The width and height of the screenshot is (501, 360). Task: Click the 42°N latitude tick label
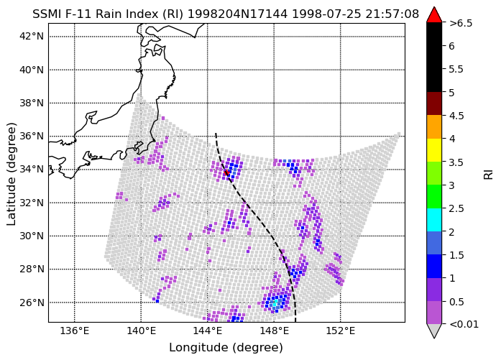tap(32, 36)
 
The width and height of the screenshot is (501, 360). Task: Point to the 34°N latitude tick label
tap(32, 170)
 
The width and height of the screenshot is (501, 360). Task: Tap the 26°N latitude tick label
tap(32, 303)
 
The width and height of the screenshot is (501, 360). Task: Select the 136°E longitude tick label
tap(75, 331)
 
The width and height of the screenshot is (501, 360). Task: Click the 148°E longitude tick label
tap(274, 331)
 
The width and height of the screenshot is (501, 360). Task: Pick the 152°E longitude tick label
tap(340, 331)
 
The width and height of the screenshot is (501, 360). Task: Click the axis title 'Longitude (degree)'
tap(226, 348)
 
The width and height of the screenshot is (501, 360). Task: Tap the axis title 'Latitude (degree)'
tap(12, 174)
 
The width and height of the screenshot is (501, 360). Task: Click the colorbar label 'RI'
tap(489, 175)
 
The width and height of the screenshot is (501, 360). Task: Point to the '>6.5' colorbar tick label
tap(461, 23)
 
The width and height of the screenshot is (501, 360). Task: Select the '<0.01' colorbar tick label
tap(464, 325)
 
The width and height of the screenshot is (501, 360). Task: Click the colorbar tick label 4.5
tap(456, 116)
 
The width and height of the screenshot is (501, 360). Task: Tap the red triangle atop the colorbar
tap(434, 15)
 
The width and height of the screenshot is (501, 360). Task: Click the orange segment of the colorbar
tap(434, 126)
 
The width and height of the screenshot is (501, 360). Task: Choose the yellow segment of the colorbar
tap(434, 150)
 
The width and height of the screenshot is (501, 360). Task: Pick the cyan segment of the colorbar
tap(434, 220)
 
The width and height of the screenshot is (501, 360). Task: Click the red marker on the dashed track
tap(226, 172)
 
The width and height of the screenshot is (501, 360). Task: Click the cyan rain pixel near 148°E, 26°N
tap(275, 303)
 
